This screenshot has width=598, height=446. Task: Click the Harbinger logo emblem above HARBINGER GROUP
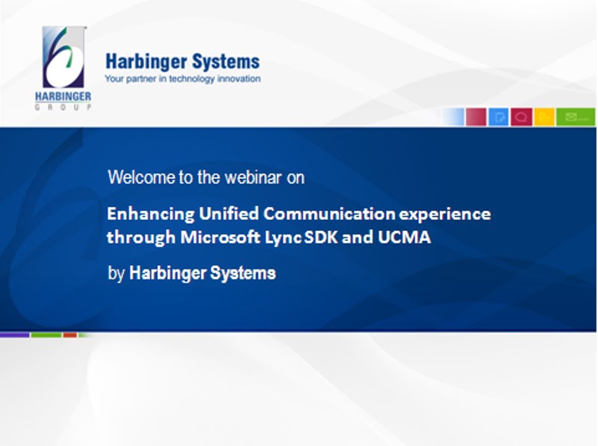tap(63, 57)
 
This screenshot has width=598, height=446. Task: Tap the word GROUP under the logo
tap(63, 107)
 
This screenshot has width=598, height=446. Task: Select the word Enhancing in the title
tap(151, 214)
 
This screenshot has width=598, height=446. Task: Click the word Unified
tap(229, 214)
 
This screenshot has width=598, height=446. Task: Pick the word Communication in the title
tap(330, 214)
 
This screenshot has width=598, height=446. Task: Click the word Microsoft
tap(221, 237)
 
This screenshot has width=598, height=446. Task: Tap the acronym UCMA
tap(404, 237)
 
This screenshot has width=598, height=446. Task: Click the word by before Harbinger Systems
tap(117, 274)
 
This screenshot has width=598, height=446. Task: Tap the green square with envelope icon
tap(576, 116)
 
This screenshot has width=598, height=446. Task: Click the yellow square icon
tap(544, 116)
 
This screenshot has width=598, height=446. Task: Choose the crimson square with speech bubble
tap(521, 116)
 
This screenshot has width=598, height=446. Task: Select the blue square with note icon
tap(498, 116)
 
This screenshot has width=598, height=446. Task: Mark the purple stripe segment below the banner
tap(15, 335)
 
